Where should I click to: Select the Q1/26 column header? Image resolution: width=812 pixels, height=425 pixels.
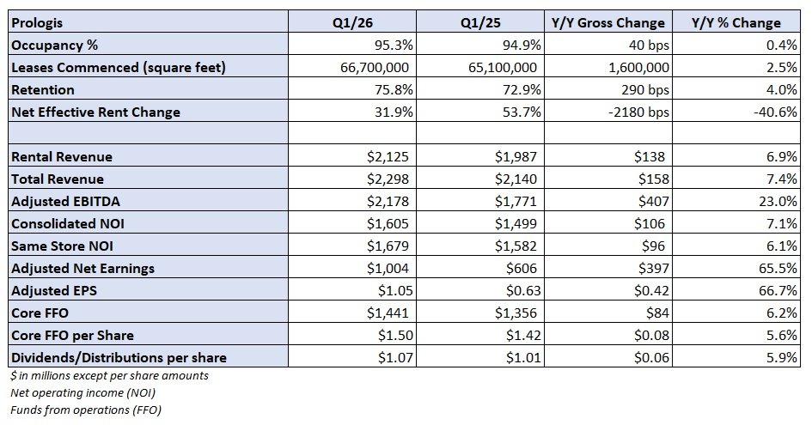tap(351, 23)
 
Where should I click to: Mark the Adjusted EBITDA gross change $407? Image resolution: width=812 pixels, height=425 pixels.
tap(650, 202)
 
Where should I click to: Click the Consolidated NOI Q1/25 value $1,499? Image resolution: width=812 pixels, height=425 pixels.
tap(518, 224)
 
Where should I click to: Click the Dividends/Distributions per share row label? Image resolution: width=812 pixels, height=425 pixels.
tap(118, 358)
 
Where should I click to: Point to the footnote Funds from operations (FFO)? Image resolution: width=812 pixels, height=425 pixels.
tap(83, 410)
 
